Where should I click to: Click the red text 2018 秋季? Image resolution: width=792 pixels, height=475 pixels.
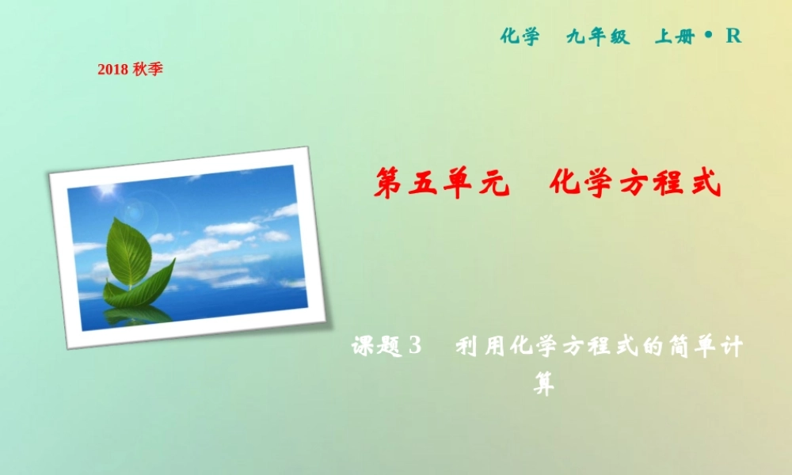tap(130, 70)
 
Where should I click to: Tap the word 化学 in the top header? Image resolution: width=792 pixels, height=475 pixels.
tap(520, 36)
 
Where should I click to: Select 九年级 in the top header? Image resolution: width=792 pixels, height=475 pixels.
tap(597, 36)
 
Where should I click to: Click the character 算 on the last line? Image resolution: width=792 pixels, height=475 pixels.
tap(543, 384)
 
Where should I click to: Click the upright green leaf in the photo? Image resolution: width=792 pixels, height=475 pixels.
tap(128, 252)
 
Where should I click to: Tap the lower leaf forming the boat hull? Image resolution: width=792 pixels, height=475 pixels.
tap(143, 290)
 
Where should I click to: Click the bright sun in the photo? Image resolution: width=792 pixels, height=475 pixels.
tap(105, 191)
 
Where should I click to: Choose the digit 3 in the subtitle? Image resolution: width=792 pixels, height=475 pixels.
tap(413, 347)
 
